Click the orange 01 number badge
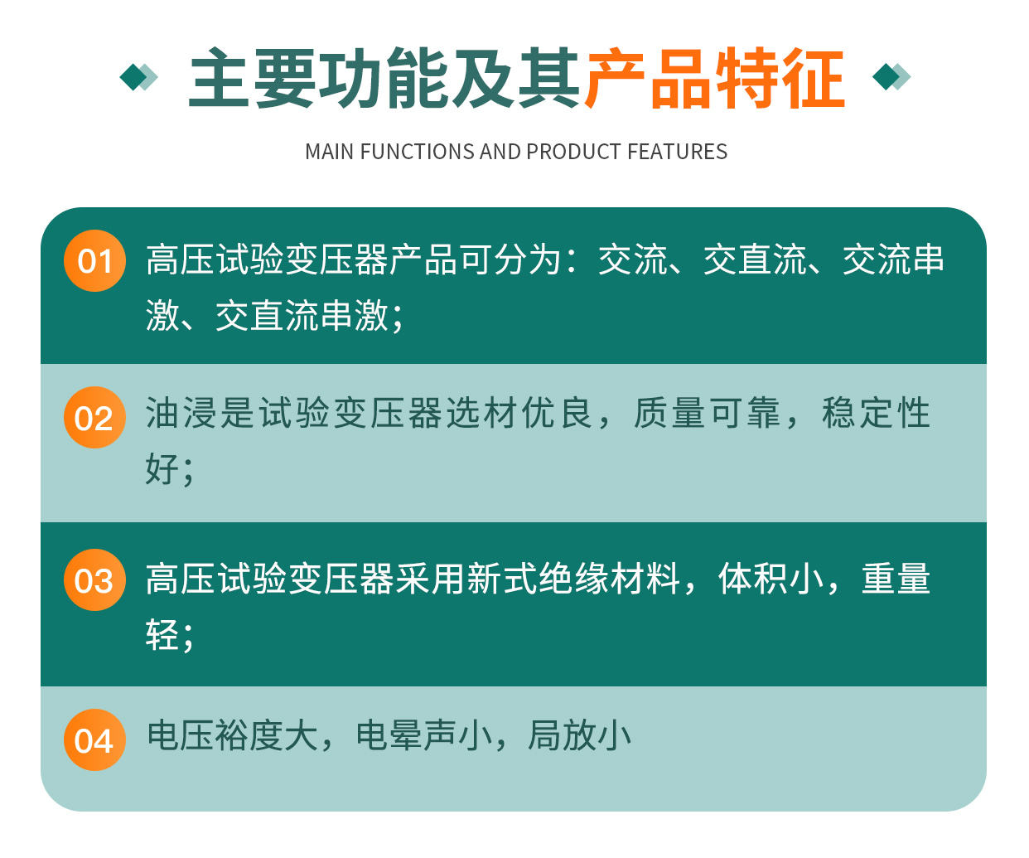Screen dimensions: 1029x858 [x=94, y=260]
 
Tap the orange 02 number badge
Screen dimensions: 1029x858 [x=94, y=417]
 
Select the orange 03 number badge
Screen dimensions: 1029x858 [x=94, y=579]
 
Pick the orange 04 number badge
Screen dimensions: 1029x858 [x=94, y=739]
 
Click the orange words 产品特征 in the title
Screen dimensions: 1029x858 [x=715, y=78]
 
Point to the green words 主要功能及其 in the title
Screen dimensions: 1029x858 [x=385, y=78]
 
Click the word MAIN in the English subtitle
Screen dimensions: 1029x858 [x=329, y=152]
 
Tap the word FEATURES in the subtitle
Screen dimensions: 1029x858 [x=678, y=152]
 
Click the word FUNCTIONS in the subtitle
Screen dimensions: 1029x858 [x=418, y=152]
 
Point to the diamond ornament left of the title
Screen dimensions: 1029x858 [x=139, y=77]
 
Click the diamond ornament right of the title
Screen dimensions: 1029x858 [x=891, y=77]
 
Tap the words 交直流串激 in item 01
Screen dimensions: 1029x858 [x=302, y=315]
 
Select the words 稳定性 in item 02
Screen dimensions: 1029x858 [x=876, y=412]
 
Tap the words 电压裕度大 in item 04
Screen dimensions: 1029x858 [x=232, y=735]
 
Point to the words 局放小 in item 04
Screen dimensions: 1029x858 [x=580, y=735]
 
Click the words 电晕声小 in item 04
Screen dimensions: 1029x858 [x=424, y=735]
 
